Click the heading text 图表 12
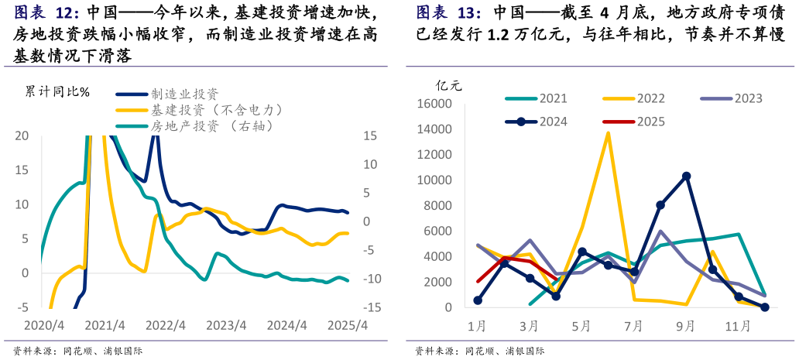[x=46, y=13]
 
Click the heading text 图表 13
[x=448, y=13]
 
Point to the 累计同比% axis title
[x=57, y=92]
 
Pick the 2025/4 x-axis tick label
[x=349, y=325]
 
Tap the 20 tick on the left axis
[x=22, y=136]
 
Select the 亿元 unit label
[x=448, y=85]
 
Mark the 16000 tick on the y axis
[x=434, y=105]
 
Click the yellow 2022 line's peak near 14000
[x=608, y=132]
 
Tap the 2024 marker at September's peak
[x=686, y=177]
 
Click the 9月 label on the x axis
[x=686, y=327]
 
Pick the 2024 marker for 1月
[x=478, y=300]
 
